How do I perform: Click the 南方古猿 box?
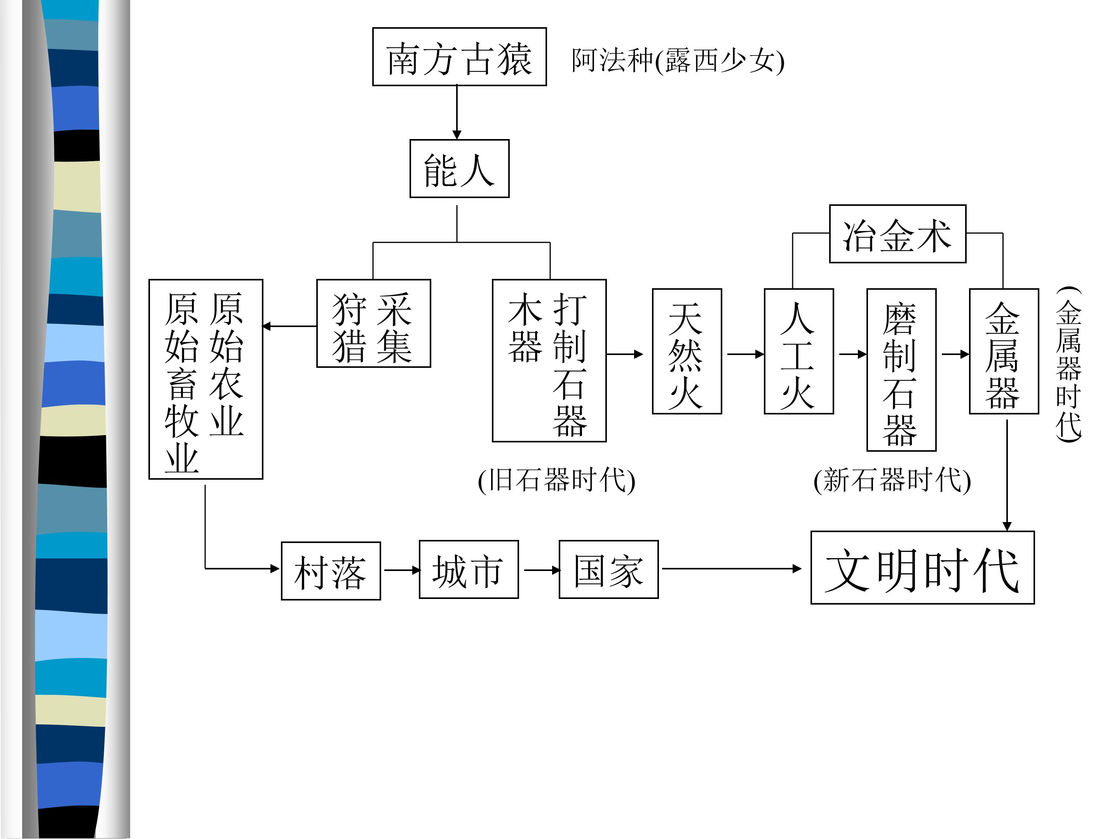coord(459,57)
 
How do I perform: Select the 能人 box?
coord(459,169)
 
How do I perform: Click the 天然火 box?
coord(687,352)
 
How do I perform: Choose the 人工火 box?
coord(798,352)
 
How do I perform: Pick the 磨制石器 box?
coord(901,370)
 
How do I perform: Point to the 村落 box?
coord(331,571)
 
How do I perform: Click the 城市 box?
coord(469,569)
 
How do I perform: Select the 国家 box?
coord(608,569)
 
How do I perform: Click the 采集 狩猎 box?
coord(373,323)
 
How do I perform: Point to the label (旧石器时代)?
coord(556,480)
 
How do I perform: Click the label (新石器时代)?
coord(892,480)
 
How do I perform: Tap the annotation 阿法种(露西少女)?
coord(678,60)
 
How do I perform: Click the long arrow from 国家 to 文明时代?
coord(731,569)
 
